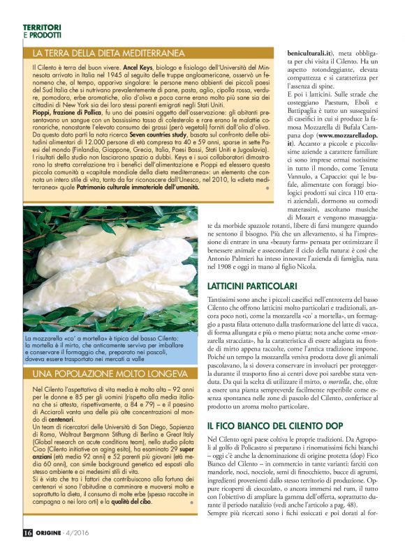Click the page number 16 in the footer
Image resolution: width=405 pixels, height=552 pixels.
coord(27,537)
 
